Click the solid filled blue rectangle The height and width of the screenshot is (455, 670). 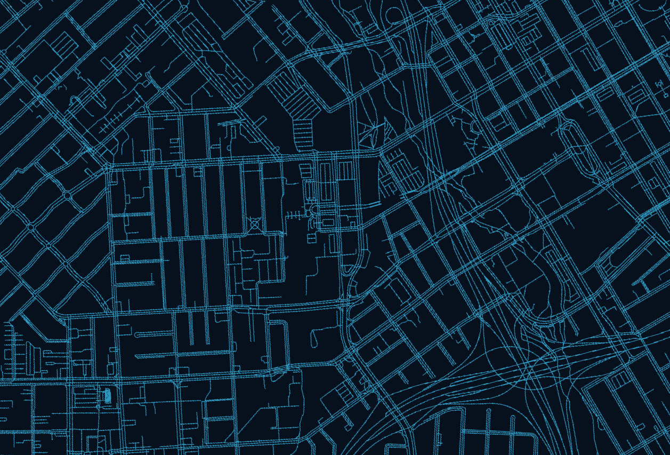(107, 395)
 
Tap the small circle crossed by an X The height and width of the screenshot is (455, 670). (255, 224)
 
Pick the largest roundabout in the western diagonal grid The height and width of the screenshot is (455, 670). (67, 195)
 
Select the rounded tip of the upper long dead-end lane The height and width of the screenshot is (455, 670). (137, 334)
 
